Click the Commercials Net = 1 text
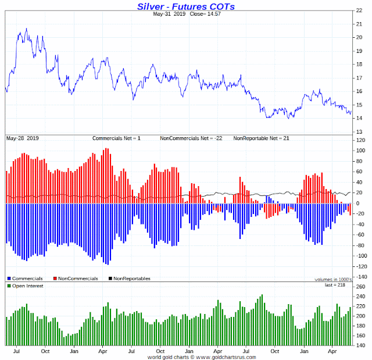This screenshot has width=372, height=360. coord(116,138)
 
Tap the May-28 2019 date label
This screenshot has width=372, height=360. coord(22,138)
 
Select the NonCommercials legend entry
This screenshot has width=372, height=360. coord(74,279)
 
